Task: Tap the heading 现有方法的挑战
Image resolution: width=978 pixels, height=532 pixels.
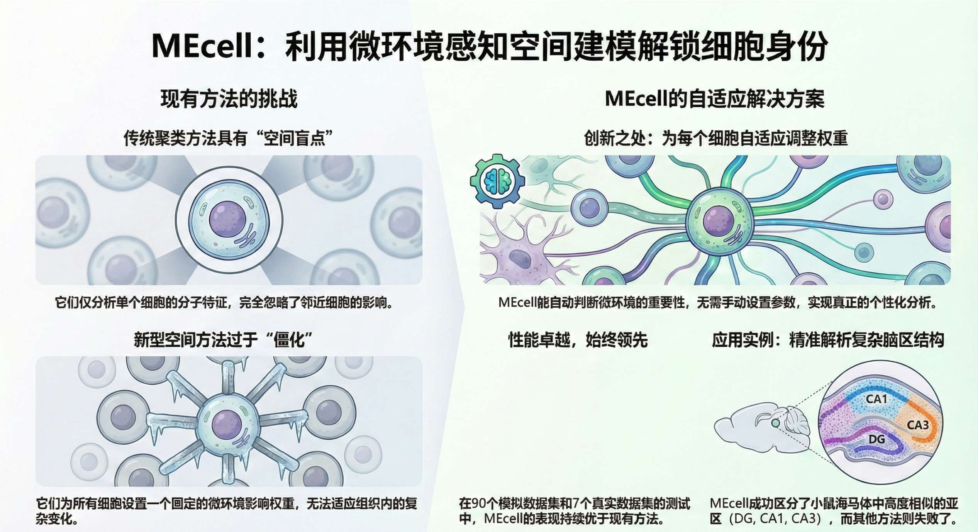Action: click(229, 99)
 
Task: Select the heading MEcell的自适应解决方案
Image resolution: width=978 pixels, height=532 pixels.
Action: click(714, 99)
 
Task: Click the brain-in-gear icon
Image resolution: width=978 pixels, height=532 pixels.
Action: click(497, 181)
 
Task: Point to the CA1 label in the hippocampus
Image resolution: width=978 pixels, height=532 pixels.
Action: click(876, 399)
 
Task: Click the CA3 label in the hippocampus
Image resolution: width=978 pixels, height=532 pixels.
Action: click(917, 425)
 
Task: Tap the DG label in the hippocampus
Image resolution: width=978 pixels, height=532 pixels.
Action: click(876, 439)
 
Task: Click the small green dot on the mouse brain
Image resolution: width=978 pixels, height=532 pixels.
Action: click(775, 423)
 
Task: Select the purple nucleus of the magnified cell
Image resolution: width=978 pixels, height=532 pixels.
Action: click(228, 220)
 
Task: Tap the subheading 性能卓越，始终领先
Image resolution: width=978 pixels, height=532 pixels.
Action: click(578, 340)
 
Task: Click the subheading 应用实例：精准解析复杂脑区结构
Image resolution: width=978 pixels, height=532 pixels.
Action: click(828, 340)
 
